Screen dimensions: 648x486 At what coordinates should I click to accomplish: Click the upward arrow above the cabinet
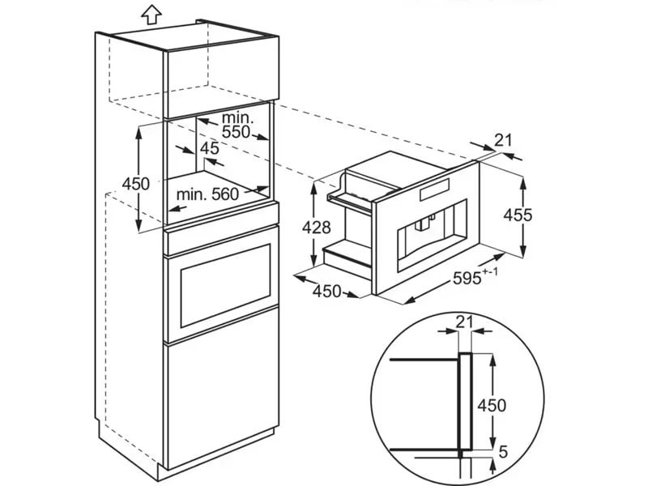[x=151, y=15]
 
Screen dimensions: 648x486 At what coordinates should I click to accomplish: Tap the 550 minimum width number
[x=236, y=132]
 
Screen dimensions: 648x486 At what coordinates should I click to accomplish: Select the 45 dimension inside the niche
[x=210, y=148]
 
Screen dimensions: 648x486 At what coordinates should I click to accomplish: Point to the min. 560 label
[x=207, y=194]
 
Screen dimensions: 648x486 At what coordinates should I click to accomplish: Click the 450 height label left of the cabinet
[x=135, y=184]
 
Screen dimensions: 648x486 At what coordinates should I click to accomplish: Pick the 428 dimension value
[x=317, y=227]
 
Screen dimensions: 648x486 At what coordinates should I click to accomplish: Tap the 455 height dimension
[x=518, y=215]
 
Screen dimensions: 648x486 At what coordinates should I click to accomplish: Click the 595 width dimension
[x=467, y=278]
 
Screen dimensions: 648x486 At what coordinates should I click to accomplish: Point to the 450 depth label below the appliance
[x=327, y=292]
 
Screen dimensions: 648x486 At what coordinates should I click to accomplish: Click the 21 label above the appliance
[x=503, y=140]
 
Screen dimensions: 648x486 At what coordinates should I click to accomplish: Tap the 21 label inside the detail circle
[x=464, y=322]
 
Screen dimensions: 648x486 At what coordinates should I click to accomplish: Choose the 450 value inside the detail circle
[x=492, y=406]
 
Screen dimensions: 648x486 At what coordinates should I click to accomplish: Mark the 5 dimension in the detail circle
[x=503, y=452]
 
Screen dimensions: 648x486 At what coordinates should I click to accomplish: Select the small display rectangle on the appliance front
[x=434, y=190]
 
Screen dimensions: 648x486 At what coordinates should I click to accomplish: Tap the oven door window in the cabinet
[x=226, y=286]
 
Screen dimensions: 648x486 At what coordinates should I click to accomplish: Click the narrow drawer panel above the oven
[x=221, y=240]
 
